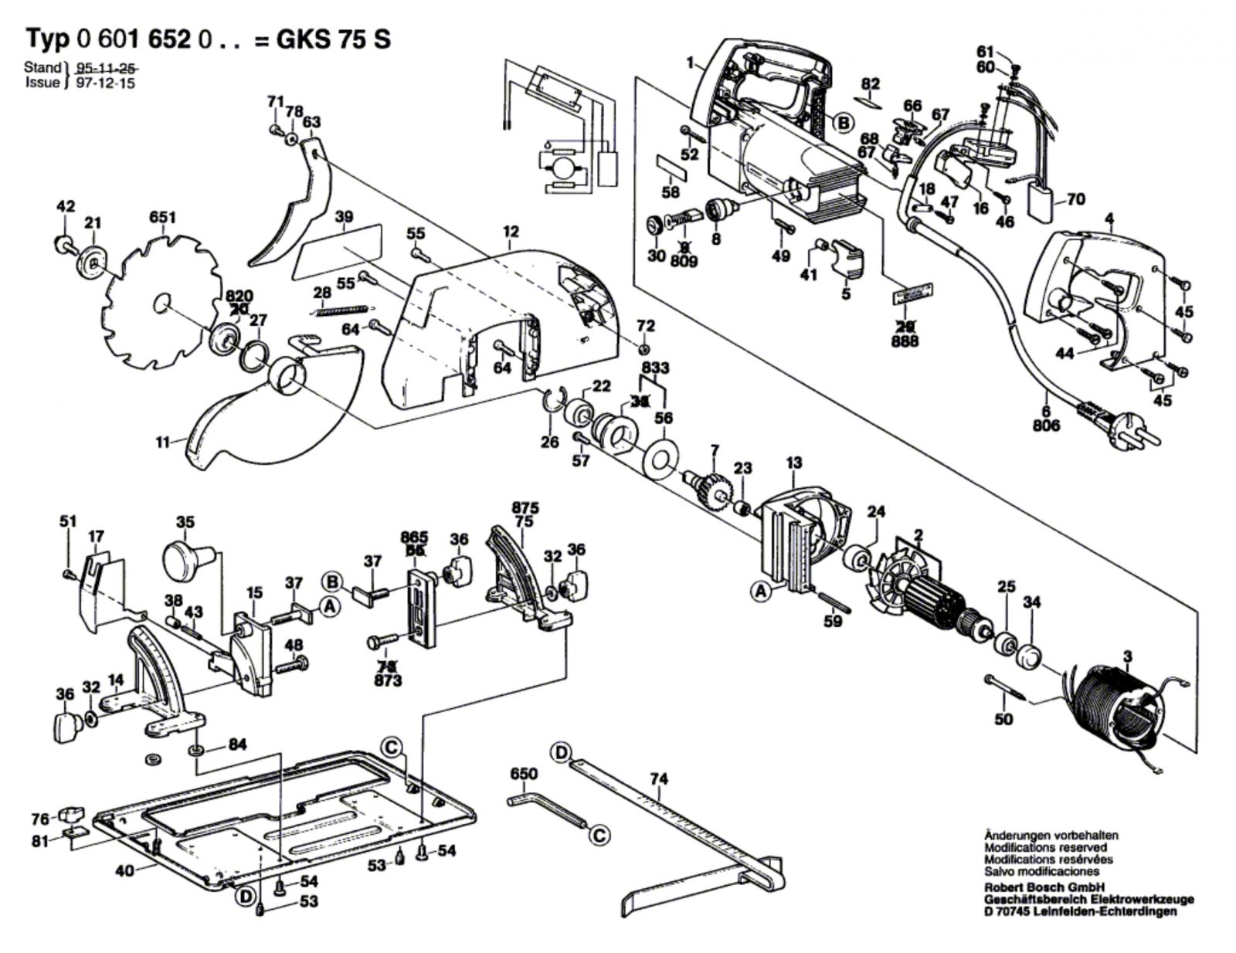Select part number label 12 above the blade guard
(511, 231)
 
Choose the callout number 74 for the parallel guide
(657, 779)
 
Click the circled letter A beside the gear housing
(762, 592)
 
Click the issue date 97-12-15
(105, 83)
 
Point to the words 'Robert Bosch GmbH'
(1044, 887)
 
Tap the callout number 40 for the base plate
(125, 870)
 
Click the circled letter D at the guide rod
(561, 751)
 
